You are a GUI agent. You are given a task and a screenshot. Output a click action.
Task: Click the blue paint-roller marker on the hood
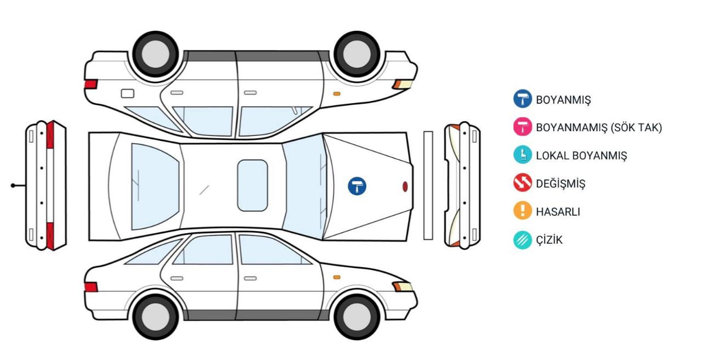coord(357,186)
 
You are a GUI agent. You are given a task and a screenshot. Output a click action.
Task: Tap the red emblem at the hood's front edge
coord(405,187)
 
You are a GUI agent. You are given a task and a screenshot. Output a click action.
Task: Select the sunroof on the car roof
coord(252,185)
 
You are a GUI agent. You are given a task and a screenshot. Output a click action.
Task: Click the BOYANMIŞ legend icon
coord(523,99)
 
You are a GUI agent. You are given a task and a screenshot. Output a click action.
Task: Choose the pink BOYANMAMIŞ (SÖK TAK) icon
coord(523,127)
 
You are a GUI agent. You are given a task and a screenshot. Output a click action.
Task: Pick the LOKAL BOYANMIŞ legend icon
coord(523,155)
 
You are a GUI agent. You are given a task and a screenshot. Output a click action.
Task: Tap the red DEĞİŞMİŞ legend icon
coord(523,183)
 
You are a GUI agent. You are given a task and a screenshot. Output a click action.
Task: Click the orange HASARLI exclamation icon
coord(523,210)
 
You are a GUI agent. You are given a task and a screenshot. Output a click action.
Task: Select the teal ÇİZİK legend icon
coord(523,240)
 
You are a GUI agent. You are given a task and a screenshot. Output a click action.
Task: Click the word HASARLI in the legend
coord(558,212)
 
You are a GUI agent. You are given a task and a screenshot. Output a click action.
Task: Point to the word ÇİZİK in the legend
coord(549,240)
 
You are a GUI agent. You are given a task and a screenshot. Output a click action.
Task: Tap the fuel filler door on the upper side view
coord(128,93)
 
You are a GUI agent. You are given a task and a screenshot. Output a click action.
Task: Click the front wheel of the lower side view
coord(357,317)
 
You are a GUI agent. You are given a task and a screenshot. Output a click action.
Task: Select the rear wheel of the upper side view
coord(156,54)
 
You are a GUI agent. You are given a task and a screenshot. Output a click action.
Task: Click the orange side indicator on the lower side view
coord(337,277)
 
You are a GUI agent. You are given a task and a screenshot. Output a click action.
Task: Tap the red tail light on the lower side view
coord(91,287)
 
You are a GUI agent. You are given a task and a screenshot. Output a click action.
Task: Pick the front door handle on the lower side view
coord(250,278)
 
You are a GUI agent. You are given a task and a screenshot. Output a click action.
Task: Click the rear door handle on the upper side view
coord(177,93)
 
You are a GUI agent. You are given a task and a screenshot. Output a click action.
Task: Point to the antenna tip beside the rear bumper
coord(13,185)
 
